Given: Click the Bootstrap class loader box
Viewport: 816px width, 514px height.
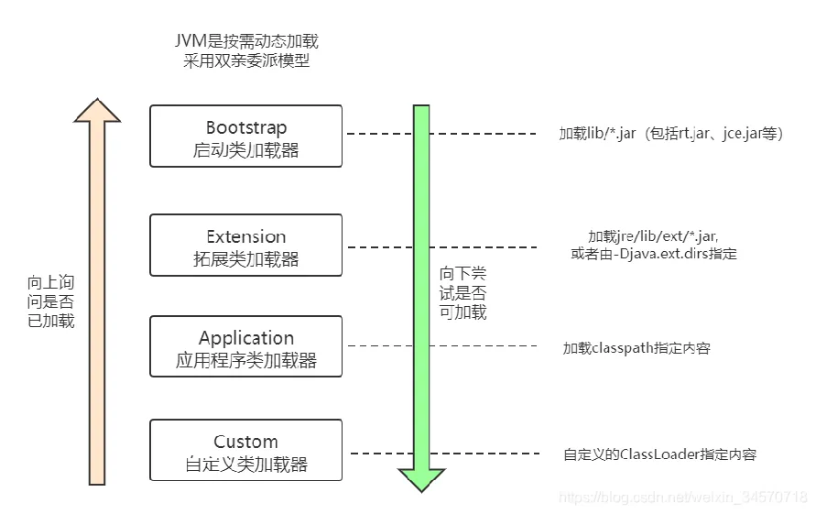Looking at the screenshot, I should pyautogui.click(x=245, y=137).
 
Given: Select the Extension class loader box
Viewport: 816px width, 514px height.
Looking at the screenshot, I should pyautogui.click(x=245, y=246).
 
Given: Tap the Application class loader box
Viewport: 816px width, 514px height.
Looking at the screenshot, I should pyautogui.click(x=245, y=347).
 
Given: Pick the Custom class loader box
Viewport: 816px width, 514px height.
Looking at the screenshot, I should pyautogui.click(x=245, y=451).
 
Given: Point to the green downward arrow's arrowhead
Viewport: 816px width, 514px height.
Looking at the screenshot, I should pyautogui.click(x=421, y=479).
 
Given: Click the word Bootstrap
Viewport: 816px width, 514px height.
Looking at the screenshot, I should pyautogui.click(x=245, y=127).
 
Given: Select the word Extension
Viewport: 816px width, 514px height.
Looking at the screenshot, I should pyautogui.click(x=245, y=236).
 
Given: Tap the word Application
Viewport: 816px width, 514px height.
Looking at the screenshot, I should pyautogui.click(x=246, y=338).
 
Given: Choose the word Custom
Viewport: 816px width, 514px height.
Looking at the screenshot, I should pyautogui.click(x=245, y=442).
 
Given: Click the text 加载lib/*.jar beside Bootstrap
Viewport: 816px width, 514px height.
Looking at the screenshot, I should pyautogui.click(x=597, y=134).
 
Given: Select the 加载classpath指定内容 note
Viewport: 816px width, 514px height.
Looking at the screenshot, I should pyautogui.click(x=636, y=348).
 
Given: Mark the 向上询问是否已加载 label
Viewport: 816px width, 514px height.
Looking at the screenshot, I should pyautogui.click(x=50, y=301).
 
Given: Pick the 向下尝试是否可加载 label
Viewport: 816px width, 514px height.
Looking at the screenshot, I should pyautogui.click(x=462, y=293).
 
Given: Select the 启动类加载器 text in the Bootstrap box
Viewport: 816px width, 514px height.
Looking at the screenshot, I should pyautogui.click(x=245, y=149).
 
